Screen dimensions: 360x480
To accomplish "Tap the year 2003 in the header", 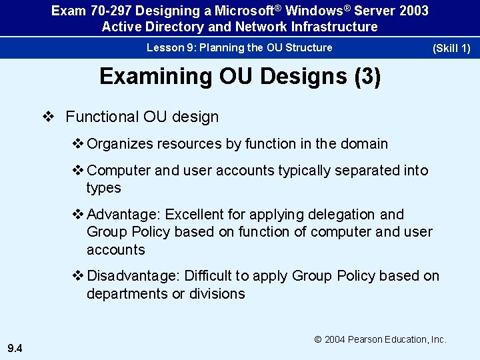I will (x=413, y=11).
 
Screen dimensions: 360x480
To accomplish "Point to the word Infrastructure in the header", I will (x=336, y=27).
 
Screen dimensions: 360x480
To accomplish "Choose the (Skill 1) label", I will (x=451, y=49).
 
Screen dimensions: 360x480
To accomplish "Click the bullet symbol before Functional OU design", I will (x=47, y=117).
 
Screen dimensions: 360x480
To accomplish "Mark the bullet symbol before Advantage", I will (x=77, y=215).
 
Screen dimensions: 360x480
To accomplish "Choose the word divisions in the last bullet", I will (x=217, y=293).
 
